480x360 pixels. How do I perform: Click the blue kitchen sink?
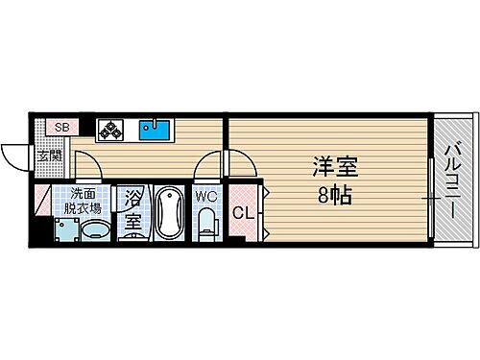click(x=154, y=128)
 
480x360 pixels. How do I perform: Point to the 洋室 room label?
click(x=335, y=168)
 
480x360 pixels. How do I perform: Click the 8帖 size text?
click(x=335, y=195)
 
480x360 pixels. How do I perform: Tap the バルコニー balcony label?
click(x=452, y=181)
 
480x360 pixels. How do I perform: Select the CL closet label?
click(x=244, y=213)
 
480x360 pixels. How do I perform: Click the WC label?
click(x=206, y=197)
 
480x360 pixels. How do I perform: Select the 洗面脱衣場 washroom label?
click(x=78, y=199)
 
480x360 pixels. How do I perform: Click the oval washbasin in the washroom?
click(x=95, y=230)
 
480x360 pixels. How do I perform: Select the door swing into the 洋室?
click(x=242, y=163)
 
